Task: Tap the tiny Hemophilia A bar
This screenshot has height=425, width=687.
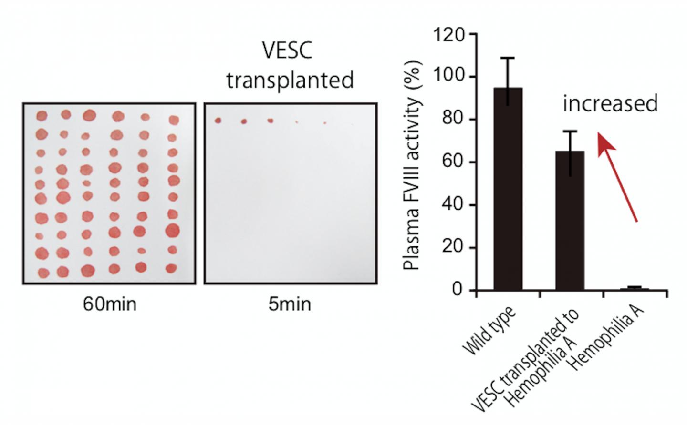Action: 634,289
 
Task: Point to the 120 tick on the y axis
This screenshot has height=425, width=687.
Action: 448,35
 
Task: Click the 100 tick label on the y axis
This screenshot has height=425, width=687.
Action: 448,77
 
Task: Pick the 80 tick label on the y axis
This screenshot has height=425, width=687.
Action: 453,119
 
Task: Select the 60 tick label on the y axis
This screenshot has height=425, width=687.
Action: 453,162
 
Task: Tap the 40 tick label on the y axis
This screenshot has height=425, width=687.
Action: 453,205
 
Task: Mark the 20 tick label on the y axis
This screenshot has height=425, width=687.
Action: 453,247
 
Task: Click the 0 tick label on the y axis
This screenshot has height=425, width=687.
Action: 458,290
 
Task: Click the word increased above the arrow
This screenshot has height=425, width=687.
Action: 610,103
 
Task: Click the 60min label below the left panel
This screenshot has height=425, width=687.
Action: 110,304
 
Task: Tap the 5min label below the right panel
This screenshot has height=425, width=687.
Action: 290,304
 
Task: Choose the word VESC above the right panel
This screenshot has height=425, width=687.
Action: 288,51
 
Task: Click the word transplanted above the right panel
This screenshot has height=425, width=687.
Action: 290,80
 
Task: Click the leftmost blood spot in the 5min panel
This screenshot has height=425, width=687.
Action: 219,121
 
